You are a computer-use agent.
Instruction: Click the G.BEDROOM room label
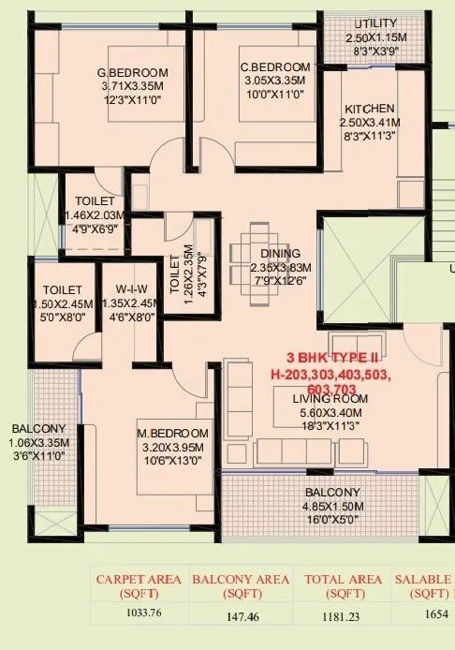point(133,73)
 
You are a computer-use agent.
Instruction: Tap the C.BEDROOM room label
point(274,67)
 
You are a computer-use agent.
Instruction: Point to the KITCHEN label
point(369,109)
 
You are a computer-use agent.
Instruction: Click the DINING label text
point(280,254)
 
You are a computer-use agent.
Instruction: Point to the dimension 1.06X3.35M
point(32,442)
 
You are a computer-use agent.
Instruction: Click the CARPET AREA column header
point(139,586)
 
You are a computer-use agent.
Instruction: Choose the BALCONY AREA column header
point(240,586)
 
